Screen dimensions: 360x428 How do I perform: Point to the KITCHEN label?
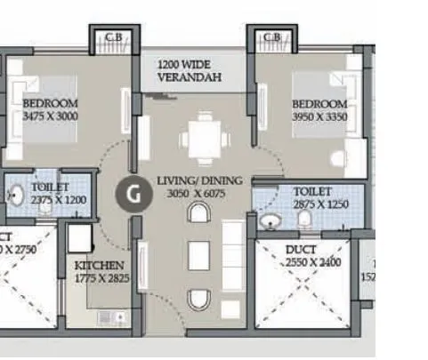(x=99, y=266)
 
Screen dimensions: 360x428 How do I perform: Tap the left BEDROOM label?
(x=50, y=103)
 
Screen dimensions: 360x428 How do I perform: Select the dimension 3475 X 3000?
(x=51, y=116)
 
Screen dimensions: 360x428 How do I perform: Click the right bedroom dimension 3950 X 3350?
(x=319, y=116)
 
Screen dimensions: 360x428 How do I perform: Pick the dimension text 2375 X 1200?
(x=60, y=200)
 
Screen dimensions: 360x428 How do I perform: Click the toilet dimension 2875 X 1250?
(x=318, y=204)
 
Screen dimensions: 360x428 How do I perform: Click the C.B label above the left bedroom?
(x=113, y=36)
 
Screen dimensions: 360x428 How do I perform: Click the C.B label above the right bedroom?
(x=272, y=36)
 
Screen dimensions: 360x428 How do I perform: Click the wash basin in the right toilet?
(x=271, y=220)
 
